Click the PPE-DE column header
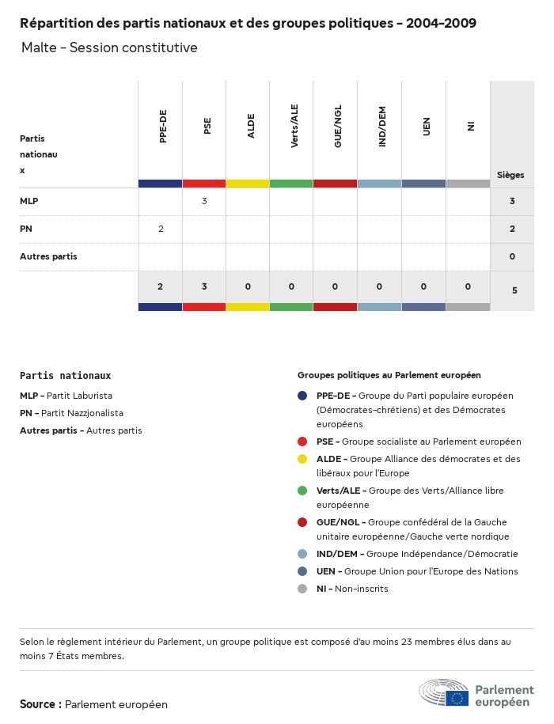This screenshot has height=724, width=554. point(163,127)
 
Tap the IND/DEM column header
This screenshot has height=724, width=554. point(382,127)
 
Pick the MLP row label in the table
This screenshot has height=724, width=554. point(29,201)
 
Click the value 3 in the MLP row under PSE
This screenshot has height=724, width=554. point(204,201)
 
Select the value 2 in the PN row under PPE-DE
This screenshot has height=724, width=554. point(161,229)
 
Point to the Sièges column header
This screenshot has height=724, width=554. point(510,175)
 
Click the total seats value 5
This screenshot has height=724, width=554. point(514,290)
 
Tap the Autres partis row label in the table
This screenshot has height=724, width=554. point(48,256)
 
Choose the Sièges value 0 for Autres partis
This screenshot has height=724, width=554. point(513,256)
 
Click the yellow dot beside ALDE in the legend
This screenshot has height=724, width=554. point(302,459)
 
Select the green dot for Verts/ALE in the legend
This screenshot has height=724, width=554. point(302,491)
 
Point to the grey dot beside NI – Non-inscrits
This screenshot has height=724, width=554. point(302,589)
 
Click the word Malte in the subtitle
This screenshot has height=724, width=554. point(39,48)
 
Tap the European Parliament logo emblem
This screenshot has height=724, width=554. point(444,692)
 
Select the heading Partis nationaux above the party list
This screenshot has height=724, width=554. point(66,376)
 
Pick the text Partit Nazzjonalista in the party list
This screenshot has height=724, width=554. point(82,413)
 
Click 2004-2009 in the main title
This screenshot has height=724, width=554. point(441,23)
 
